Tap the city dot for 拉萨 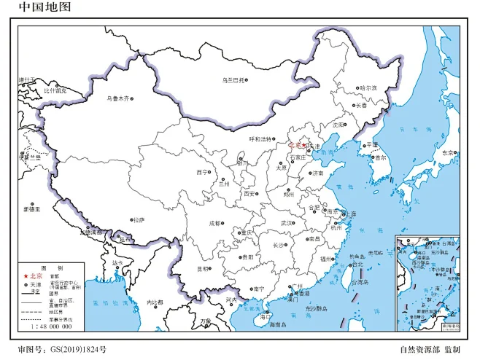tap(132, 219)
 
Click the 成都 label tap(214, 224)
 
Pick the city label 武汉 tap(287, 223)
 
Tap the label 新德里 tap(30, 209)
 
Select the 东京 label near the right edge tap(447, 153)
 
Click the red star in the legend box tap(26, 276)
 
